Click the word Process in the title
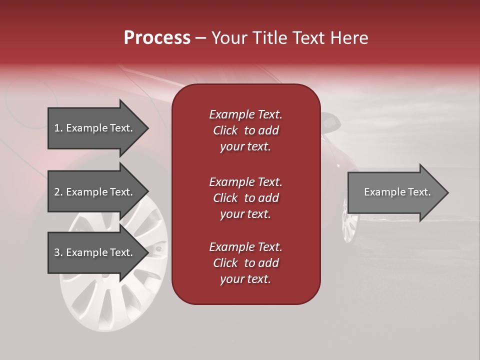click(x=157, y=38)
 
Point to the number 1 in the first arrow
click(x=56, y=128)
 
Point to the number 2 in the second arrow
click(x=56, y=192)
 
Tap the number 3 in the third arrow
click(x=56, y=252)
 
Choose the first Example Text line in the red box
click(x=245, y=114)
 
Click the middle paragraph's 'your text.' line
click(x=245, y=214)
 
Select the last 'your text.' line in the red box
click(x=245, y=279)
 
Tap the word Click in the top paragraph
click(x=225, y=130)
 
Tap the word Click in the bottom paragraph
click(x=225, y=263)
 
